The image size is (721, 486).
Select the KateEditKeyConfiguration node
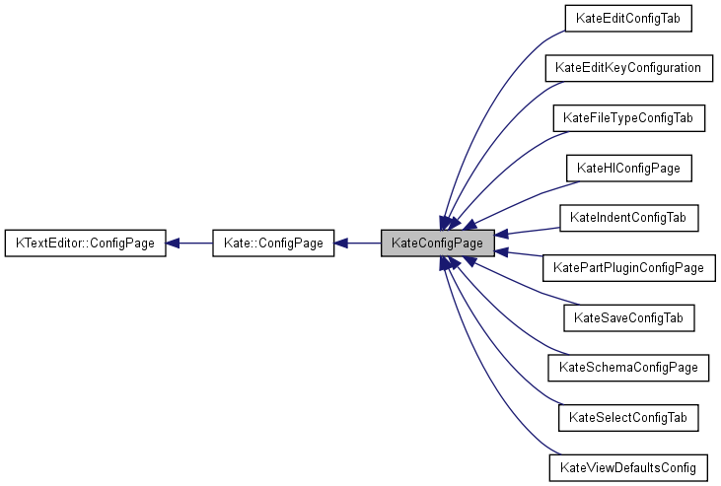click(628, 68)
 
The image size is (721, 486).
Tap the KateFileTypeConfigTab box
click(628, 118)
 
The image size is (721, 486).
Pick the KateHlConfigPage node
click(628, 168)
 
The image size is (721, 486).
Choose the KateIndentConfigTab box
click(628, 217)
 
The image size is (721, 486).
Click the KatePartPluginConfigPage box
click(628, 267)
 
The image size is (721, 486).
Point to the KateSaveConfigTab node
click(628, 317)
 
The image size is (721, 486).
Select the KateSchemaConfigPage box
click(628, 367)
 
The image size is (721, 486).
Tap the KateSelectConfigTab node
click(628, 417)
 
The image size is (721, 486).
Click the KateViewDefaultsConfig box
click(628, 466)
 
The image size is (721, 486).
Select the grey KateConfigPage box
click(437, 243)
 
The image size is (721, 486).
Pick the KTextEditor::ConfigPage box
click(86, 243)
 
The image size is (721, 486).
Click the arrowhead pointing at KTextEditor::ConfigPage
click(174, 243)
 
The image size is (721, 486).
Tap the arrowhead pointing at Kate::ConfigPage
click(343, 243)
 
